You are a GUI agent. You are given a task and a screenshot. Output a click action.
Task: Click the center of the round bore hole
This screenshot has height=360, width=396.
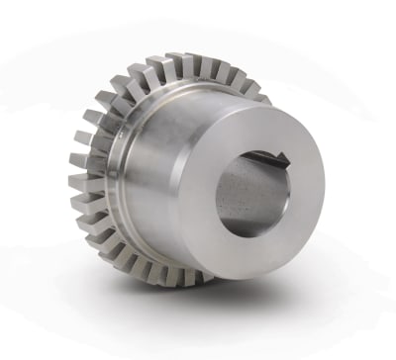pos(252,188)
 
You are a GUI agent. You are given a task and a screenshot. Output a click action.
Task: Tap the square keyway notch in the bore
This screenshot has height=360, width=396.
pos(282,157)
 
